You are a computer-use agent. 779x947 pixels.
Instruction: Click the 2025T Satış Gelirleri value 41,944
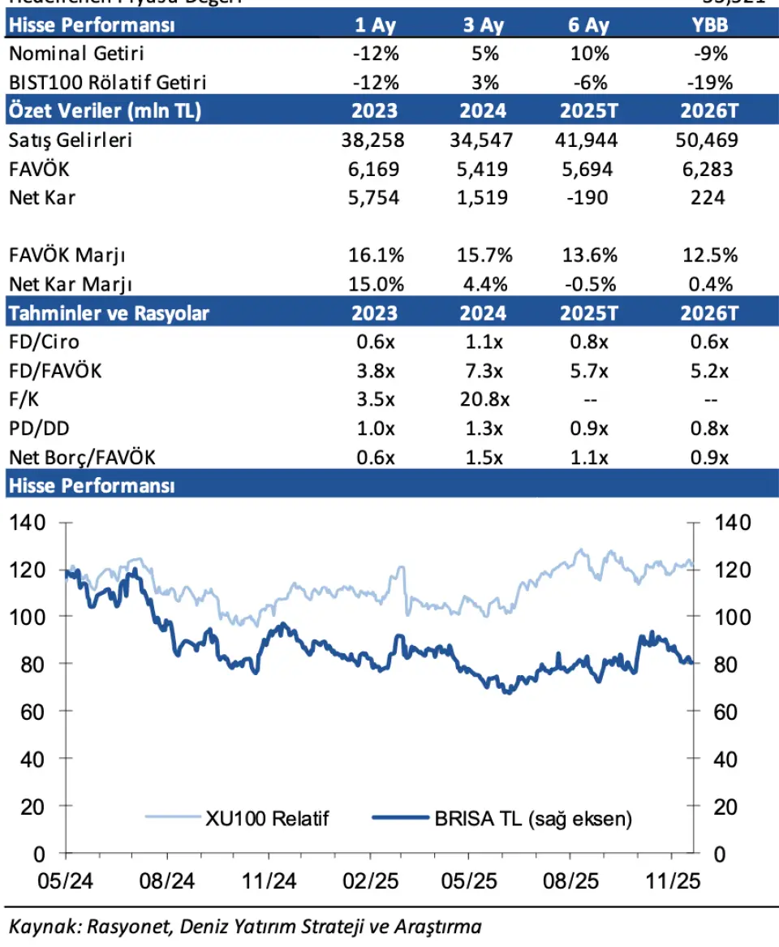point(588,140)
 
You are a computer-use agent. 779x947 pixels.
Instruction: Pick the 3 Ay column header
point(483,24)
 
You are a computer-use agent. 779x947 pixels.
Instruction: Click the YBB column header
point(711,24)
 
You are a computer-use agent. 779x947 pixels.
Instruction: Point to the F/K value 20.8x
point(483,400)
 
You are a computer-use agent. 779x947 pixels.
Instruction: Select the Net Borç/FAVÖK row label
point(82,457)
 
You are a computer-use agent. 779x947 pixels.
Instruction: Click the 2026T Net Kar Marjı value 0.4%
point(711,284)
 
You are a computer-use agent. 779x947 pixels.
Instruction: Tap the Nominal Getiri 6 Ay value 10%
point(588,54)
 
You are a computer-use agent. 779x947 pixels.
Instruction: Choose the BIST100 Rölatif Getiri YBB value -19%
point(711,83)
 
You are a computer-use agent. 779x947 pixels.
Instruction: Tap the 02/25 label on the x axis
point(370,880)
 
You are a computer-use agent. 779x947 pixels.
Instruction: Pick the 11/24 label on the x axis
point(269,880)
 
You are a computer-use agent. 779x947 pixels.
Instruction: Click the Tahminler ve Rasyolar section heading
point(109,313)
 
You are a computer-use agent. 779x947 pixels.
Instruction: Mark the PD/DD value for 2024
point(483,428)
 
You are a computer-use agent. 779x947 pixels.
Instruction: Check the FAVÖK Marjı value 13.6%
point(588,256)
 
